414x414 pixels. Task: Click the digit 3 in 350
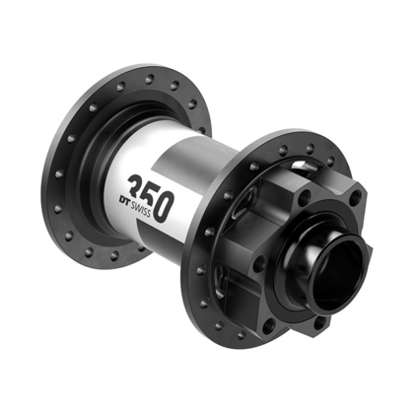(x=139, y=187)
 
